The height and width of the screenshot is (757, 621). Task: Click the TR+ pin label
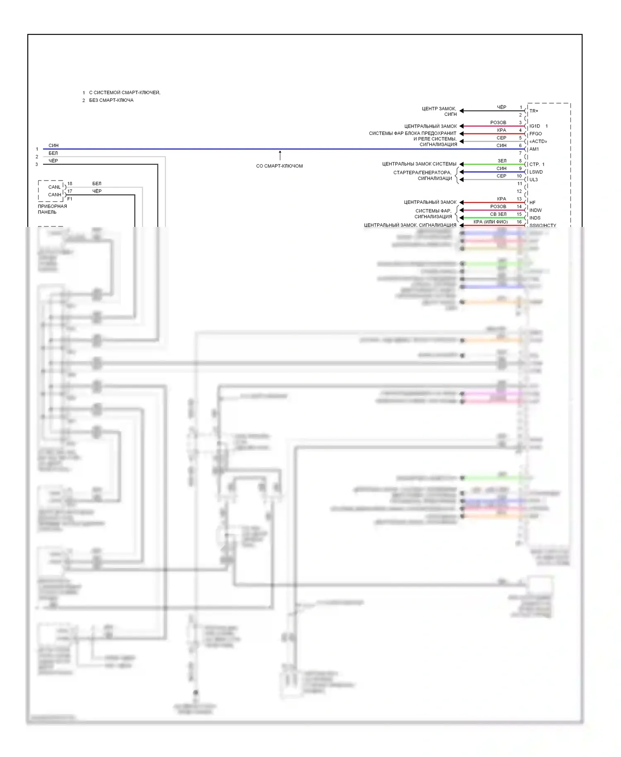pos(534,111)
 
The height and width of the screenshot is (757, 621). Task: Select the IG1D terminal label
pos(534,126)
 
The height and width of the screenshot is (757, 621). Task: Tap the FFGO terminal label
pos(535,134)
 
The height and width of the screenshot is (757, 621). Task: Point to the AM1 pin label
pos(534,149)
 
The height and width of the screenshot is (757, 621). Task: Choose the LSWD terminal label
pos(536,172)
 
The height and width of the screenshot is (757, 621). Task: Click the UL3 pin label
pos(533,180)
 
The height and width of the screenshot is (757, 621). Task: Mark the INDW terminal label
pos(535,210)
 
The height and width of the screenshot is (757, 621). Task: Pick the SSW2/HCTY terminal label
pos(542,225)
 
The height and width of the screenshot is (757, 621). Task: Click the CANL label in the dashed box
pos(54,187)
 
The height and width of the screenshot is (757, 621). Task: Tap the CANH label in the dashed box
pos(54,195)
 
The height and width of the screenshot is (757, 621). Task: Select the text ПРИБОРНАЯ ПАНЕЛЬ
pos(52,209)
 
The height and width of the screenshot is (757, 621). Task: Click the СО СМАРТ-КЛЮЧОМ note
pos(279,166)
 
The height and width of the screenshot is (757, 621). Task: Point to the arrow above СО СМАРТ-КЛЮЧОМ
pos(280,155)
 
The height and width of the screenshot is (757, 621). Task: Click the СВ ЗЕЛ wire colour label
pos(498,214)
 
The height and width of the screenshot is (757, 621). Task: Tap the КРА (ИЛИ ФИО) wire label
pos(491,222)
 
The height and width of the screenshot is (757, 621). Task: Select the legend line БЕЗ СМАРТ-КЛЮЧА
pos(111,100)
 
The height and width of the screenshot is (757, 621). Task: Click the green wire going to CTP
pos(493,164)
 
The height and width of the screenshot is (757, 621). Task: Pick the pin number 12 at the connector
pos(519,191)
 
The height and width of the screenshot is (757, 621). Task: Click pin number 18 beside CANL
pos(70,183)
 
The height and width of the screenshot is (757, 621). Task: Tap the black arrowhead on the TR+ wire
pos(462,111)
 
